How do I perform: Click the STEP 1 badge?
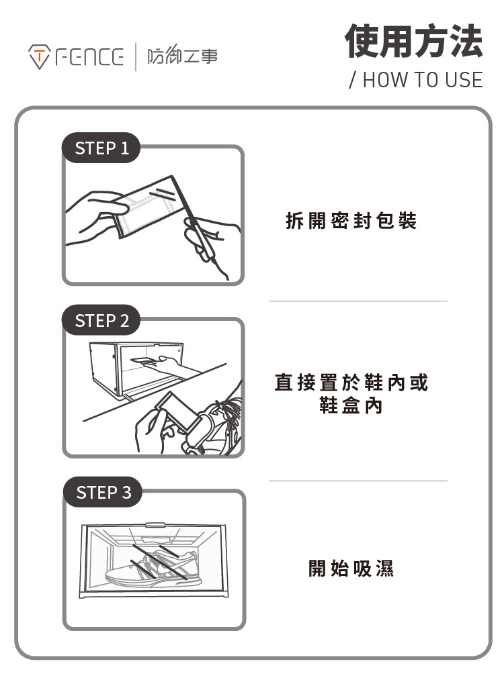pos(101,148)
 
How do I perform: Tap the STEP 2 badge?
pos(101,321)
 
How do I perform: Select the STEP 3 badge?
pos(103,493)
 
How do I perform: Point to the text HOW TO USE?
pos(421,81)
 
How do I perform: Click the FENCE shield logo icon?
pos(38,57)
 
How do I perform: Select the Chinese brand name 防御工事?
pos(182,57)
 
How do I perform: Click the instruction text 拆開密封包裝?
pos(351,221)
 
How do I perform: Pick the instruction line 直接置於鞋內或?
pos(351,383)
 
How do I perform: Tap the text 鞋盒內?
pos(351,406)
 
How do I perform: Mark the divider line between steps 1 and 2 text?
pos(358,301)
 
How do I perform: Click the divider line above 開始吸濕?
pos(358,481)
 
